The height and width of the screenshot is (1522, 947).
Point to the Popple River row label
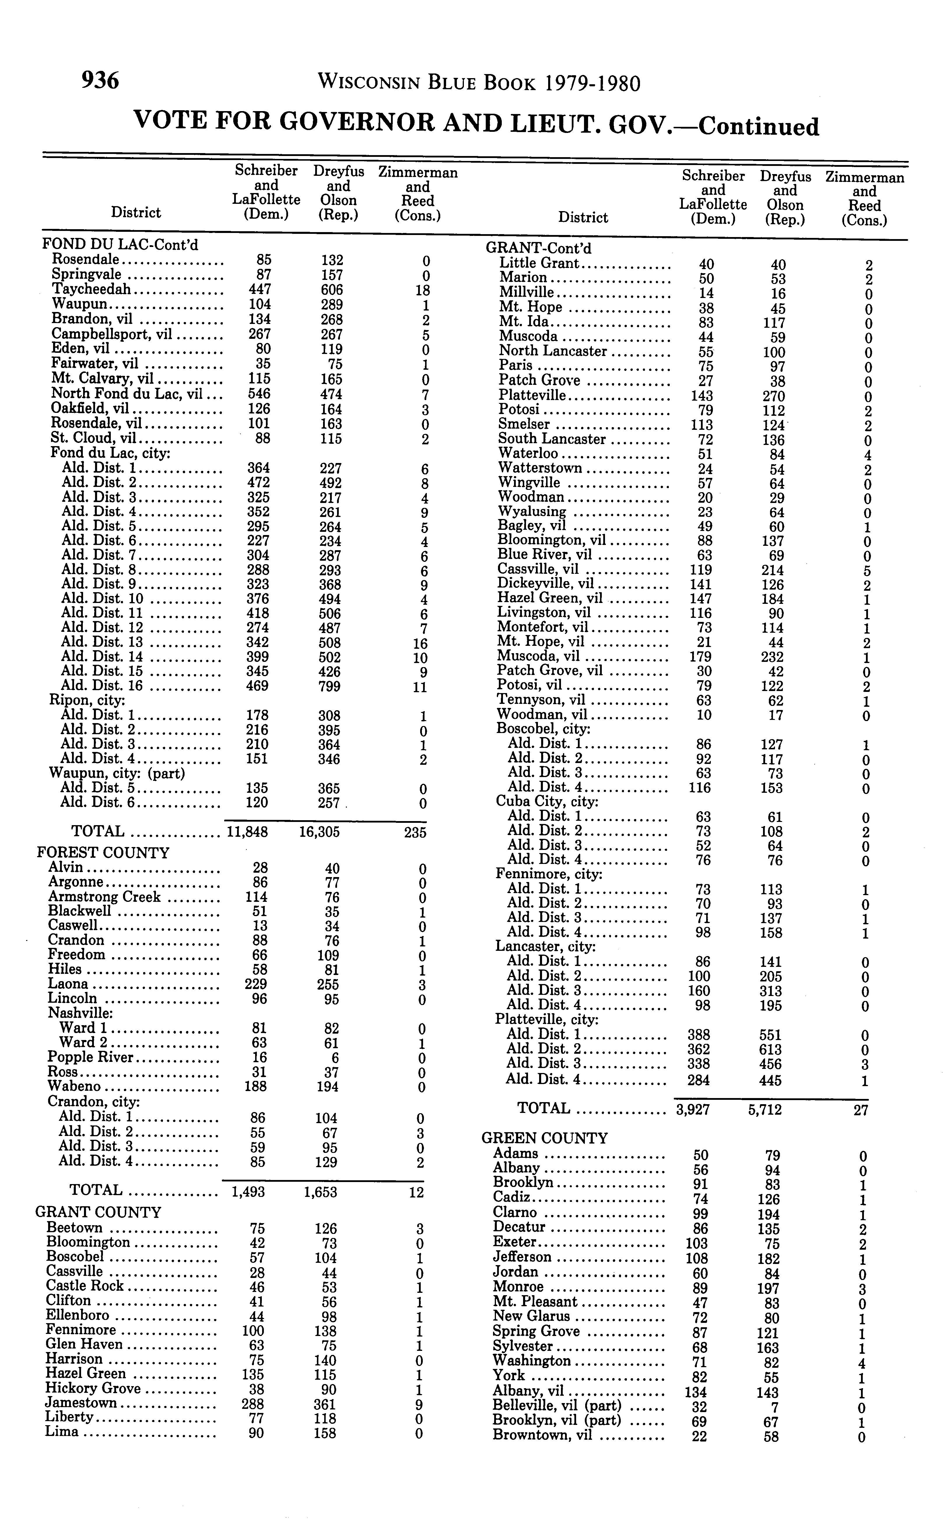(91, 1057)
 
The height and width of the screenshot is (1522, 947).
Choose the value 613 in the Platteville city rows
(772, 1049)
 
